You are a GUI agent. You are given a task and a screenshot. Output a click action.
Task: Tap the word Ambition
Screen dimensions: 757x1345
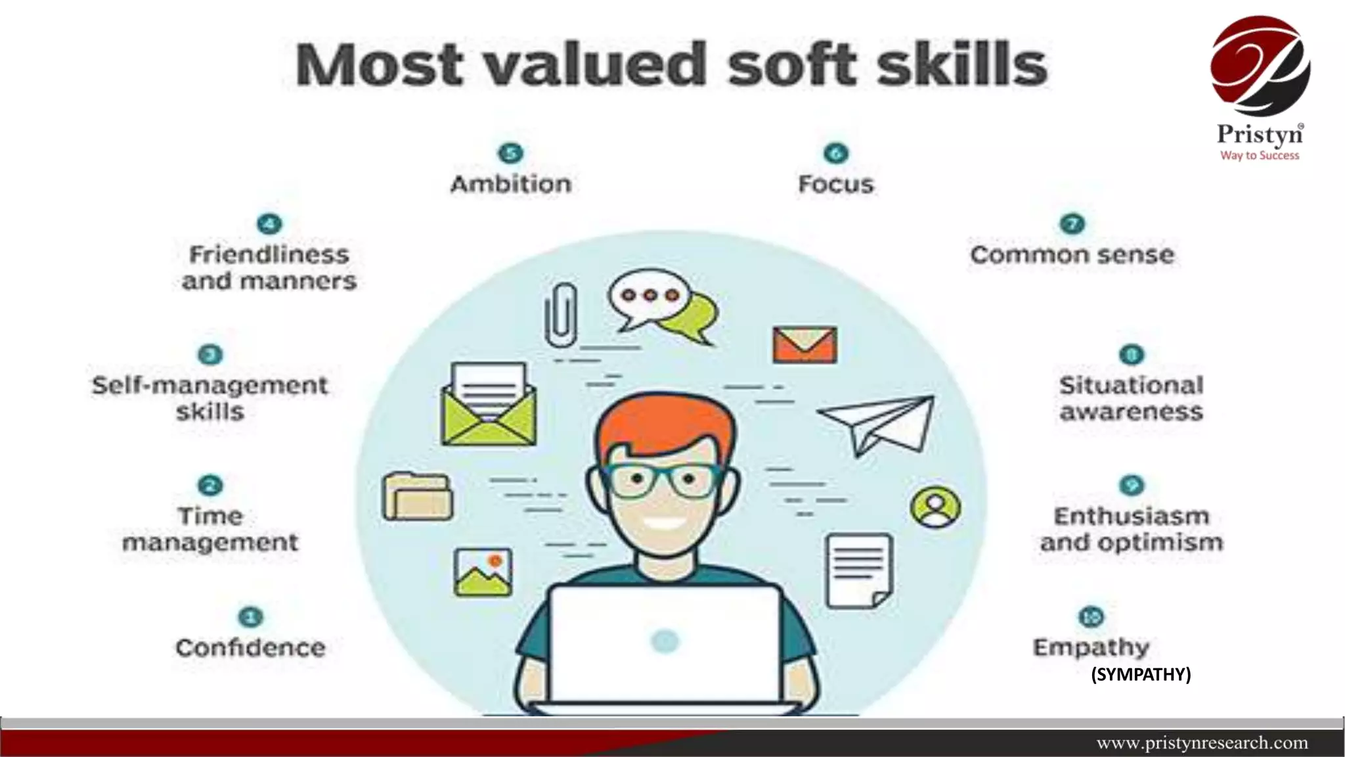tap(511, 184)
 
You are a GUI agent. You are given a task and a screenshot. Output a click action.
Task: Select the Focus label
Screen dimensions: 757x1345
tap(836, 184)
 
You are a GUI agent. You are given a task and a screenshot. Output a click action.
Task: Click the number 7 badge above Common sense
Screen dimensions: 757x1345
tap(1072, 224)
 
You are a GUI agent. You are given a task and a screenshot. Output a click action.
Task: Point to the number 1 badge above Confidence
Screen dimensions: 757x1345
tap(250, 617)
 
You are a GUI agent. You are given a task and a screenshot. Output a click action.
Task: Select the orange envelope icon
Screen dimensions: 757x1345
tap(805, 344)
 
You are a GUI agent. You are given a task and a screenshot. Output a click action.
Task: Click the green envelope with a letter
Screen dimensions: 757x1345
tap(489, 405)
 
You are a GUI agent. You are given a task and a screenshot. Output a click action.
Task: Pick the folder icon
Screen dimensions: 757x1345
tap(418, 497)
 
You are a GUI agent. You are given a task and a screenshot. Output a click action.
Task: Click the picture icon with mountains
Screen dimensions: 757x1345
tap(483, 572)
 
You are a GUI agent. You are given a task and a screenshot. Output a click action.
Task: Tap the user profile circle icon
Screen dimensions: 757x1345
tap(935, 507)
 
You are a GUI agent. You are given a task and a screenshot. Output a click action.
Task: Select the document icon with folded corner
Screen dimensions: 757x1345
tap(859, 570)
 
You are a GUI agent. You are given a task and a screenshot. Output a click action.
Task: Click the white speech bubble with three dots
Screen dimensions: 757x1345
tap(649, 297)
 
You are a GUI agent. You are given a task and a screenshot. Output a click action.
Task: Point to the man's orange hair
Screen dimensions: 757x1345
tap(663, 421)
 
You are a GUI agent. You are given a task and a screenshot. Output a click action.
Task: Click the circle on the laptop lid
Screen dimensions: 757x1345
tap(665, 641)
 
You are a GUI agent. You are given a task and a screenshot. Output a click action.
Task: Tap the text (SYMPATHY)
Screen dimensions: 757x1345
tap(1141, 674)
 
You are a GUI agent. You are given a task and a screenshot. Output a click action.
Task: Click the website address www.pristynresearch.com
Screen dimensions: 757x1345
tap(1202, 743)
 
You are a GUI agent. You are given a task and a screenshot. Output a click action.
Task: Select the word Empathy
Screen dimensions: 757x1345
tap(1091, 648)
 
